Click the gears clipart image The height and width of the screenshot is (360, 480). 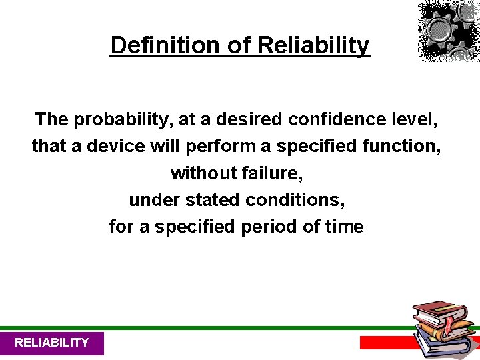pyautogui.click(x=448, y=31)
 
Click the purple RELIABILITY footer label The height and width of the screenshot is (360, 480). pyautogui.click(x=51, y=343)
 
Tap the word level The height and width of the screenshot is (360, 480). pyautogui.click(x=415, y=120)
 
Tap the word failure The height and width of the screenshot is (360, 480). pyautogui.click(x=274, y=173)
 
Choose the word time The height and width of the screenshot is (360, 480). pyautogui.click(x=343, y=227)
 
